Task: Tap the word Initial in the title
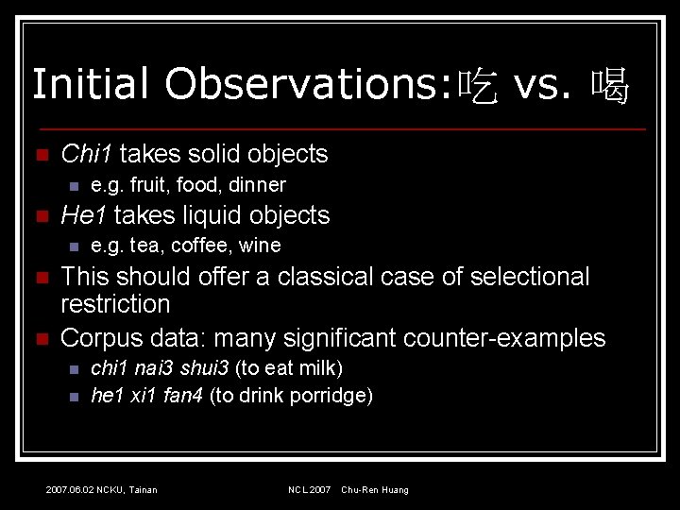(x=91, y=84)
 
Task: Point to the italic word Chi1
(x=86, y=154)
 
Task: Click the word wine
(x=260, y=246)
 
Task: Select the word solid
(x=213, y=154)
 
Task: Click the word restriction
(x=115, y=304)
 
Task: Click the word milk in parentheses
(x=319, y=368)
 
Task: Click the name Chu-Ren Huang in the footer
(x=375, y=490)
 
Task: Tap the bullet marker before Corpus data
(x=39, y=338)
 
